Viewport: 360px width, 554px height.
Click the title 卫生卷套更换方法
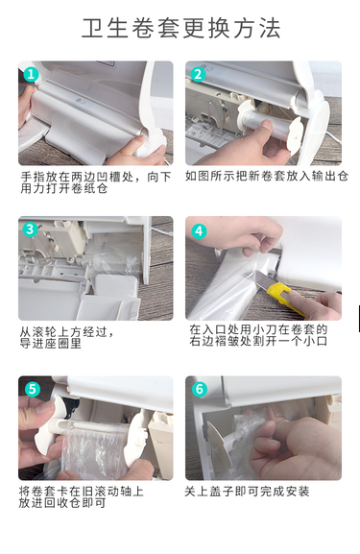tap(181, 28)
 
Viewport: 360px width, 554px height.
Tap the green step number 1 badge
tap(31, 75)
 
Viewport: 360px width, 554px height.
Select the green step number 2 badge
tap(198, 75)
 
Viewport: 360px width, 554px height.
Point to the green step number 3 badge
tap(31, 229)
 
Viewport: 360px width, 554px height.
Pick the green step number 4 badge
tap(199, 231)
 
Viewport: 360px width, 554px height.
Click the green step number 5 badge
tap(32, 389)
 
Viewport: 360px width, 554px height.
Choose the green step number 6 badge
tap(200, 389)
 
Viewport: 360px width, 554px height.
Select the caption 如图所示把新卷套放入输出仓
tap(267, 177)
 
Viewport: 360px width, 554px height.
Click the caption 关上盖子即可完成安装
tap(247, 492)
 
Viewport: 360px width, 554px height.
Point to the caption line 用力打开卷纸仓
tap(64, 189)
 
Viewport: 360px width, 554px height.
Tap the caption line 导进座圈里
tap(51, 344)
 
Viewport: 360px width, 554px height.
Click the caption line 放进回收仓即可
tap(62, 503)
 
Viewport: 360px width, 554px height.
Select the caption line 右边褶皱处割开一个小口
tap(258, 341)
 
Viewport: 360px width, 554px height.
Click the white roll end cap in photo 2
tap(294, 136)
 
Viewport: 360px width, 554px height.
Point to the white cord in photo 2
tap(332, 133)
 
